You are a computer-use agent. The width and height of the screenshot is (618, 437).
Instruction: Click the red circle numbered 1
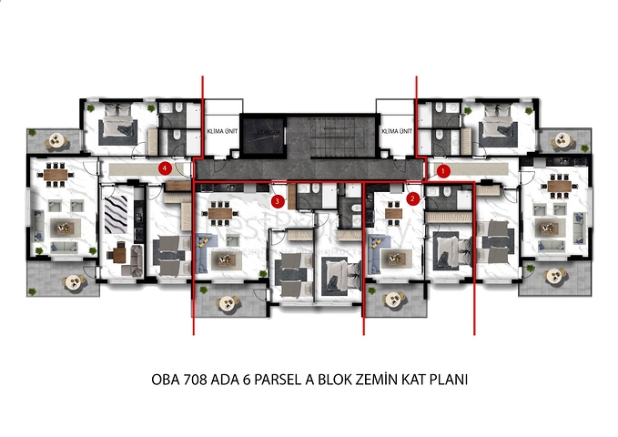444,169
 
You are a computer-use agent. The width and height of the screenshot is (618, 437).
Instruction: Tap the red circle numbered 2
412,197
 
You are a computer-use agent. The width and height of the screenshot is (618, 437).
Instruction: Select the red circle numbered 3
279,200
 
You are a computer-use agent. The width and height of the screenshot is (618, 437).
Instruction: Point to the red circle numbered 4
165,168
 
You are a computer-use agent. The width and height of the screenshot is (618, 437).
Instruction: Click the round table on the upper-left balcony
56,140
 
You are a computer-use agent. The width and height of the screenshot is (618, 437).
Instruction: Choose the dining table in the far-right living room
557,186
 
